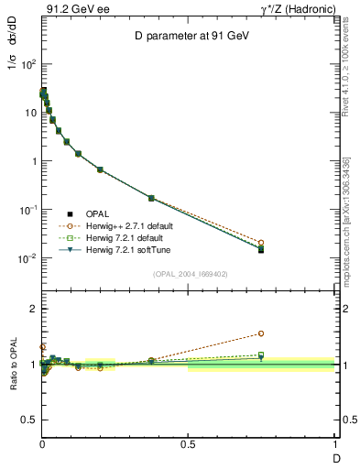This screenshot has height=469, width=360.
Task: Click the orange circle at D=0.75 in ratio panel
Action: [261, 333]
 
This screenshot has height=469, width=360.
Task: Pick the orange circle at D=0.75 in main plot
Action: [261, 243]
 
